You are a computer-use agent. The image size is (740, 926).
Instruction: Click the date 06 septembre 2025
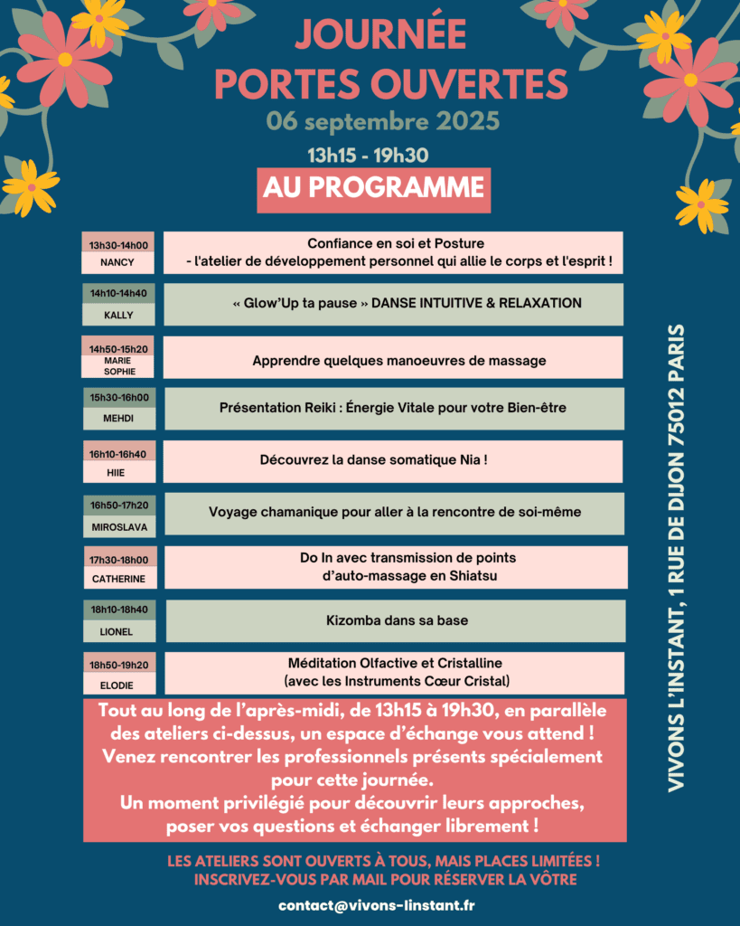tap(382, 120)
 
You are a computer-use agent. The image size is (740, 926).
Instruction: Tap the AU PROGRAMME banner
tap(373, 187)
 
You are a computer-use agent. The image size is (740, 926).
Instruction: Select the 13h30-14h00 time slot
tap(119, 244)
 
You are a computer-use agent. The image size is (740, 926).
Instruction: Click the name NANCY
tap(118, 262)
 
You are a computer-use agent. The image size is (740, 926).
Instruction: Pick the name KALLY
tap(118, 315)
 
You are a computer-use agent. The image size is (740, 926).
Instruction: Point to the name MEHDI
tap(118, 419)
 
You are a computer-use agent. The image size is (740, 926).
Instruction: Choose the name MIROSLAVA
tap(118, 526)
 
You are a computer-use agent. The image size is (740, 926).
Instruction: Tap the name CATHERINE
tap(118, 579)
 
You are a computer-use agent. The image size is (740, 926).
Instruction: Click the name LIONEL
tap(118, 631)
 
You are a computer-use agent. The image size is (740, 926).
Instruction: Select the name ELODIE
tap(118, 685)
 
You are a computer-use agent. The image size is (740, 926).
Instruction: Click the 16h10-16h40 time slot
tap(118, 454)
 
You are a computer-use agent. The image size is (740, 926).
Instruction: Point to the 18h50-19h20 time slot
tap(118, 665)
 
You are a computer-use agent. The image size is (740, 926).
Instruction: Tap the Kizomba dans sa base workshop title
tap(397, 621)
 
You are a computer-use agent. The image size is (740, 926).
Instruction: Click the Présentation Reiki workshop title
tap(393, 408)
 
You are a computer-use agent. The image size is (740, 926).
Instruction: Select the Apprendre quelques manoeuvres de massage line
tap(399, 360)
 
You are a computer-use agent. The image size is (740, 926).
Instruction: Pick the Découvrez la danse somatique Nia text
tap(374, 459)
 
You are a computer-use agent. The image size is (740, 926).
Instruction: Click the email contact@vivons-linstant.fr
tap(377, 905)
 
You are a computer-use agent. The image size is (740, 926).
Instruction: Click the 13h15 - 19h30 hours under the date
tap(368, 155)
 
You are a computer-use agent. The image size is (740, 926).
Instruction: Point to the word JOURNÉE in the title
tap(380, 35)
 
